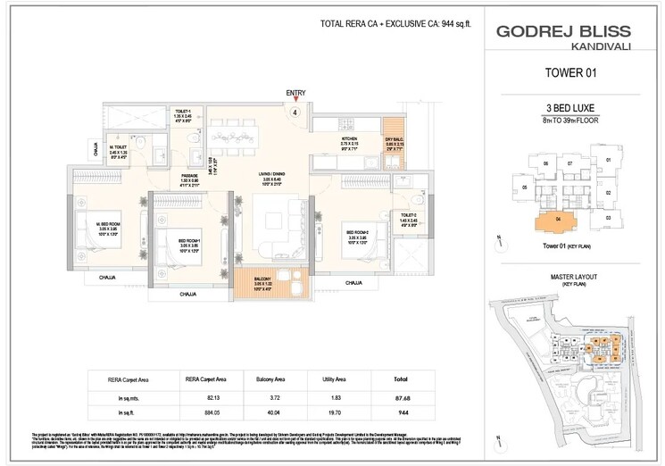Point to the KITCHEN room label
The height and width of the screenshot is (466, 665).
point(350,139)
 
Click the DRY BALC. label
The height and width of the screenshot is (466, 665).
point(395,140)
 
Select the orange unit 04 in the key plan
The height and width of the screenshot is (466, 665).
point(557,220)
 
